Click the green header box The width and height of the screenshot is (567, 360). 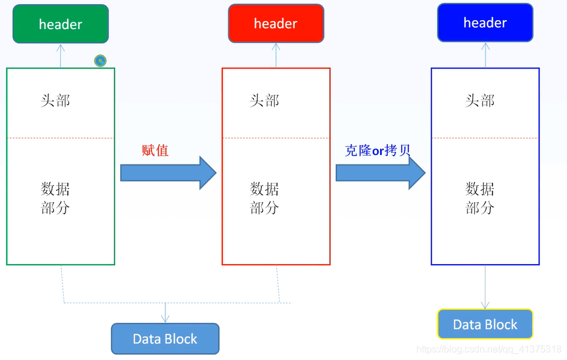(61, 24)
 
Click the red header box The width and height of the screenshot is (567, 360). (276, 24)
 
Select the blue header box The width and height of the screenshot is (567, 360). (485, 23)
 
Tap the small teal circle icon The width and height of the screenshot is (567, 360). (100, 60)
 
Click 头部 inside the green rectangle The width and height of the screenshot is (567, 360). (55, 101)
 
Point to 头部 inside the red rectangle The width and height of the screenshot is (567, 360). (264, 101)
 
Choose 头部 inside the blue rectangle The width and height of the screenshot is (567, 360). (479, 101)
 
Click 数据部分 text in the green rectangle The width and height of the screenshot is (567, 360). (55, 198)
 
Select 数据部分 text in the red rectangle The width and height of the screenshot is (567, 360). (264, 198)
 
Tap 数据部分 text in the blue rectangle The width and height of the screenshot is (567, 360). (479, 198)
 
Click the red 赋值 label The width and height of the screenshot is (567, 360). (155, 150)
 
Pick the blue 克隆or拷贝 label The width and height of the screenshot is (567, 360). (378, 150)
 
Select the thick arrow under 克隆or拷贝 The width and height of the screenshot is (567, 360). (380, 173)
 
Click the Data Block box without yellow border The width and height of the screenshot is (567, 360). (165, 339)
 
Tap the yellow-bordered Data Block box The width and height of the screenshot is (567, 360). (485, 325)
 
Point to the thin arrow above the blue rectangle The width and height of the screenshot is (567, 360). (485, 55)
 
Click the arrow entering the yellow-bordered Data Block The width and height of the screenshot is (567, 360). (485, 287)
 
